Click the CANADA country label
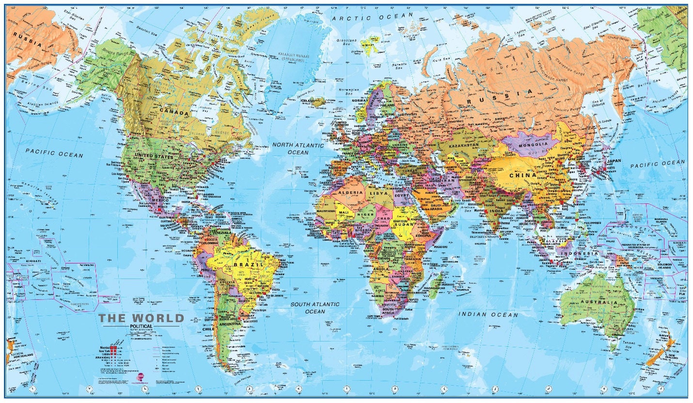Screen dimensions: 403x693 pos(174,112)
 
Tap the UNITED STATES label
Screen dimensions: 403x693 pos(154,156)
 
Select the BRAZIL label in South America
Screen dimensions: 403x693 pos(248,265)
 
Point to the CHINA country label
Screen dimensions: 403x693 pos(523,175)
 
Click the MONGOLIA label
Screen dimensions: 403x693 pos(533,144)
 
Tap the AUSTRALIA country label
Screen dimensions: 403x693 pos(597,303)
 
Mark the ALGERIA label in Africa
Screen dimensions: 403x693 pos(350,193)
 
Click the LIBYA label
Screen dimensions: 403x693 pos(379,193)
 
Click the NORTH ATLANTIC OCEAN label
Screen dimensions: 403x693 pos(298,149)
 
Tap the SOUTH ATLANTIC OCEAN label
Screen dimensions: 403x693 pos(315,308)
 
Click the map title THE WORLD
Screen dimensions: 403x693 pos(141,318)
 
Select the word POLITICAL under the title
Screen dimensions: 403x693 pos(141,326)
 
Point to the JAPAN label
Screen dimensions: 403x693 pos(614,161)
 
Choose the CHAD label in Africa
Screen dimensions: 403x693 pos(382,218)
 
